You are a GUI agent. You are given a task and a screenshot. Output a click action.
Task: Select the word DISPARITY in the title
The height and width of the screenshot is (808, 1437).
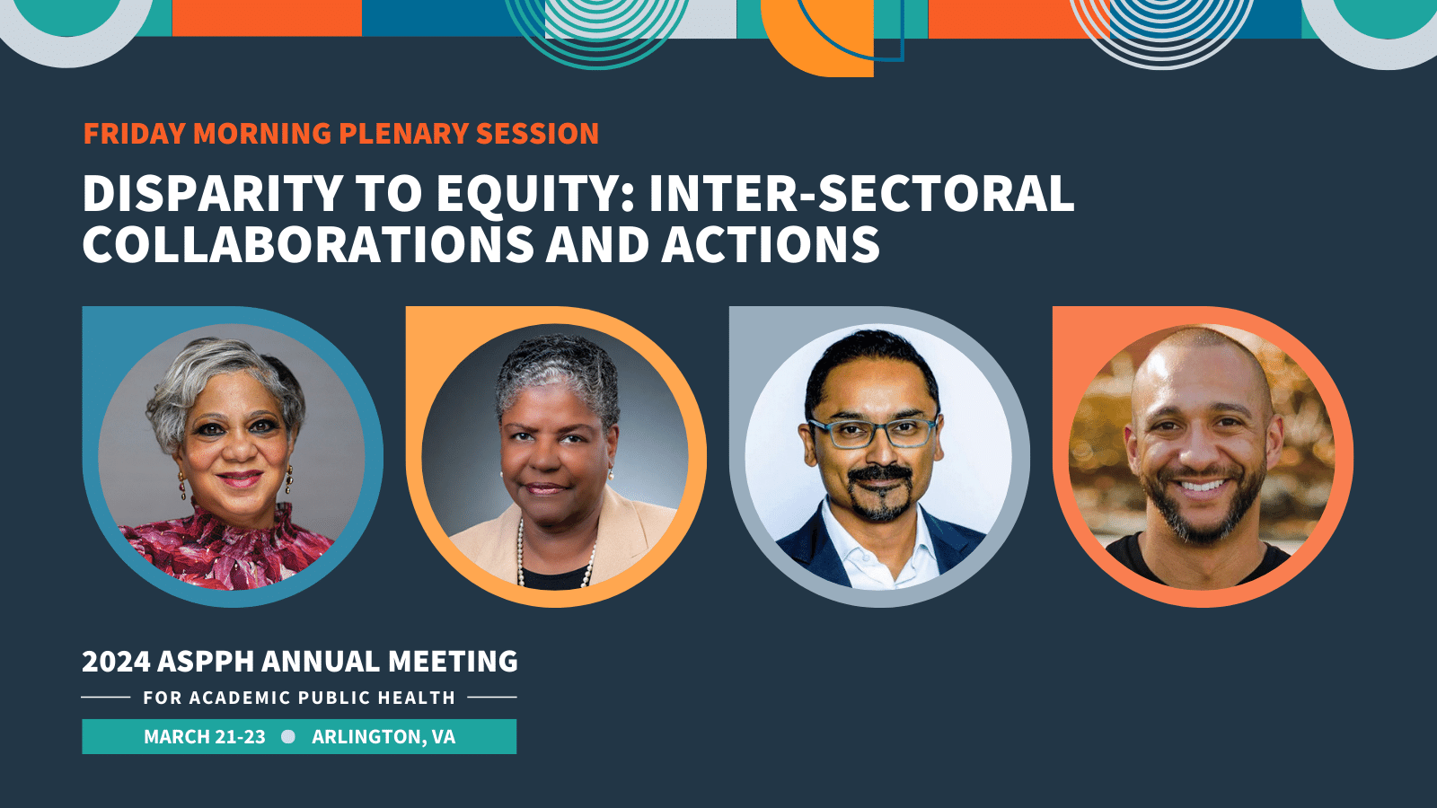pos(212,193)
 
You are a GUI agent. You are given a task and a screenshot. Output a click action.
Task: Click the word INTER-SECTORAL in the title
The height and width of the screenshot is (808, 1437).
pos(861,193)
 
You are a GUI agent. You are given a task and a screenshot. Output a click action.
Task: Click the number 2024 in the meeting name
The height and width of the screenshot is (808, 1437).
pos(116,661)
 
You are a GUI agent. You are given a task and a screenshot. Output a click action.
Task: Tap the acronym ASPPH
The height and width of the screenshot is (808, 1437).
pos(206,661)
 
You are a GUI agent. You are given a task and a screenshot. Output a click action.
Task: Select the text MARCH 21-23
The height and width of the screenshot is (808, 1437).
pos(204,737)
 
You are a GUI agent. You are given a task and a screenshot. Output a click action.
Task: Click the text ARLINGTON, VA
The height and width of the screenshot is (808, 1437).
pos(383,737)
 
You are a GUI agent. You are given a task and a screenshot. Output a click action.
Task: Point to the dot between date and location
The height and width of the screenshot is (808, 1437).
pos(288,737)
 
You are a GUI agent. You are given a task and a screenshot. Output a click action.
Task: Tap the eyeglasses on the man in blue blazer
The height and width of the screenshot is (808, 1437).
pos(873,432)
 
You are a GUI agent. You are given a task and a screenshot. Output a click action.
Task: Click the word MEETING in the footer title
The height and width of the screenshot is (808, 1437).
pos(453,661)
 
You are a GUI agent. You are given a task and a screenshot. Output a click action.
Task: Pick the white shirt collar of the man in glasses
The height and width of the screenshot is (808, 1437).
pos(879,545)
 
